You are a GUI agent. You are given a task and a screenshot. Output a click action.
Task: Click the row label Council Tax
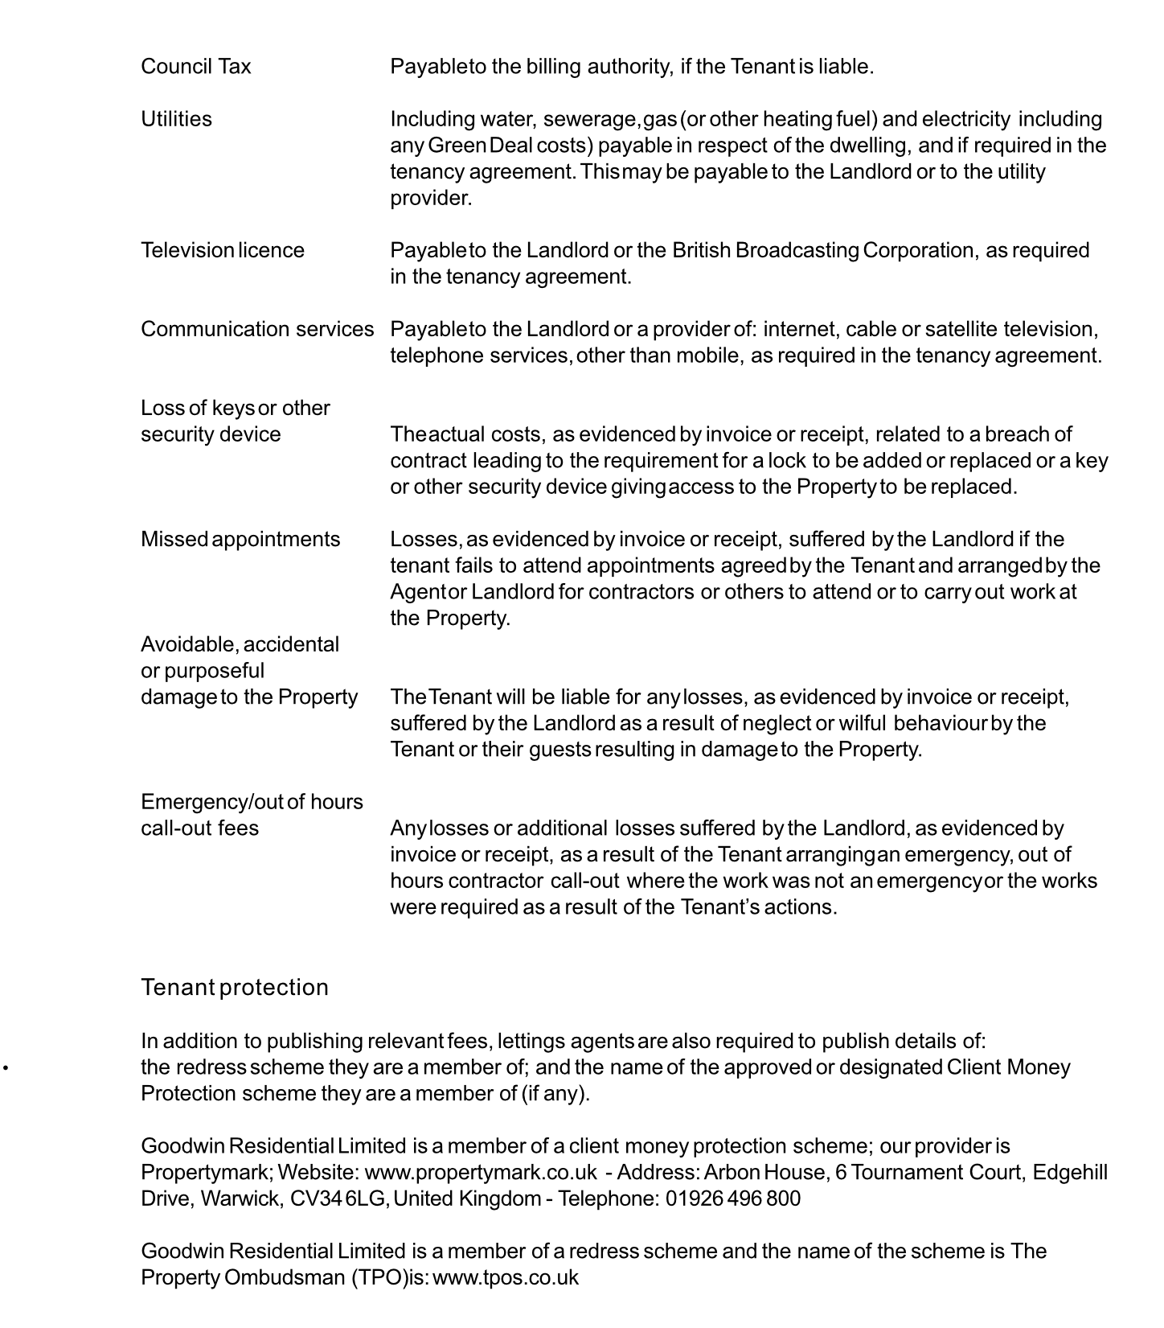[x=195, y=67]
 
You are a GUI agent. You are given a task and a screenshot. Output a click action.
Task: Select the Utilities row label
[x=176, y=119]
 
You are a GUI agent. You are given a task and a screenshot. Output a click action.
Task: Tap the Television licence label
[x=222, y=250]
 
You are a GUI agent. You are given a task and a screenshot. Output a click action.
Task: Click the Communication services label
[x=257, y=329]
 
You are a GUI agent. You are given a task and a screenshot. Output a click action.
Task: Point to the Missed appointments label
[x=240, y=539]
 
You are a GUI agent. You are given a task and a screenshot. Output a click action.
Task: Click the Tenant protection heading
[x=234, y=987]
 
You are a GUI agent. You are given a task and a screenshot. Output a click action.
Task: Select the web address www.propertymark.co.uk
[x=481, y=1172]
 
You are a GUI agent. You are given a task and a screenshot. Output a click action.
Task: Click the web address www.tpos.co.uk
[x=506, y=1277]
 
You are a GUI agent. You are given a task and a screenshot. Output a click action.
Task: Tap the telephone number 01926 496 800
[x=733, y=1198]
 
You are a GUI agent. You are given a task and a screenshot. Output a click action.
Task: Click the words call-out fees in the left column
[x=199, y=828]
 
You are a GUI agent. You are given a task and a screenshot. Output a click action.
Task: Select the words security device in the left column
[x=211, y=434]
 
